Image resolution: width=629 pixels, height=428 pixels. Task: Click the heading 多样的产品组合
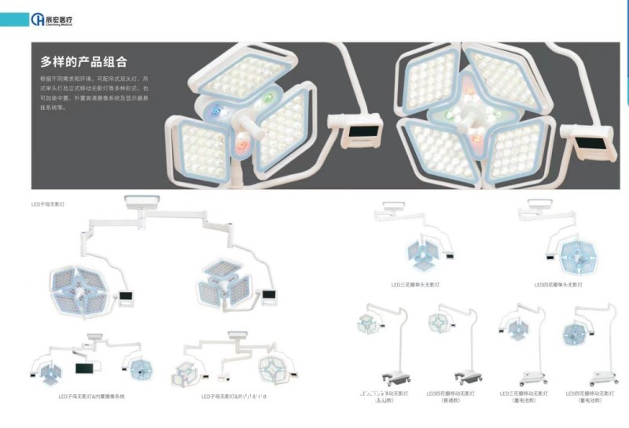coord(84,62)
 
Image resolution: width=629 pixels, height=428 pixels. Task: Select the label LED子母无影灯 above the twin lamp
coord(48,204)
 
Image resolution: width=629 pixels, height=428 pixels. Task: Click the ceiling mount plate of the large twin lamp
coord(142,203)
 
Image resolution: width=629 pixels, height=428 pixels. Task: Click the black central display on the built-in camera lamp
coord(84,368)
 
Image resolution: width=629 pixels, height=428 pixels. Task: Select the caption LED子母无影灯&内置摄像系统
coord(91,397)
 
